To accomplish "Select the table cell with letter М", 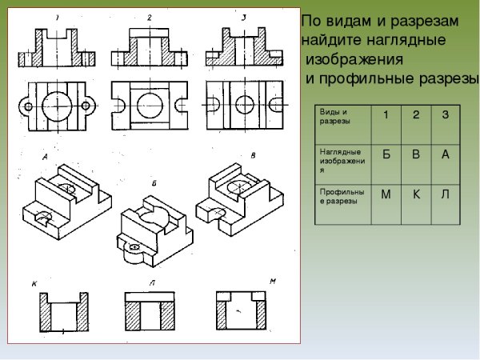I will (x=386, y=195).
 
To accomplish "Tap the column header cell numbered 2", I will (x=416, y=115).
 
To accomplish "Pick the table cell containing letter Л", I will (x=445, y=195).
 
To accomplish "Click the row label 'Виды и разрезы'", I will (x=342, y=117).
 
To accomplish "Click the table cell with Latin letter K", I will (x=416, y=195).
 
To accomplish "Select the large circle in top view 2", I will (x=150, y=104).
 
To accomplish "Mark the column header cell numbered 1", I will (x=386, y=115).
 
